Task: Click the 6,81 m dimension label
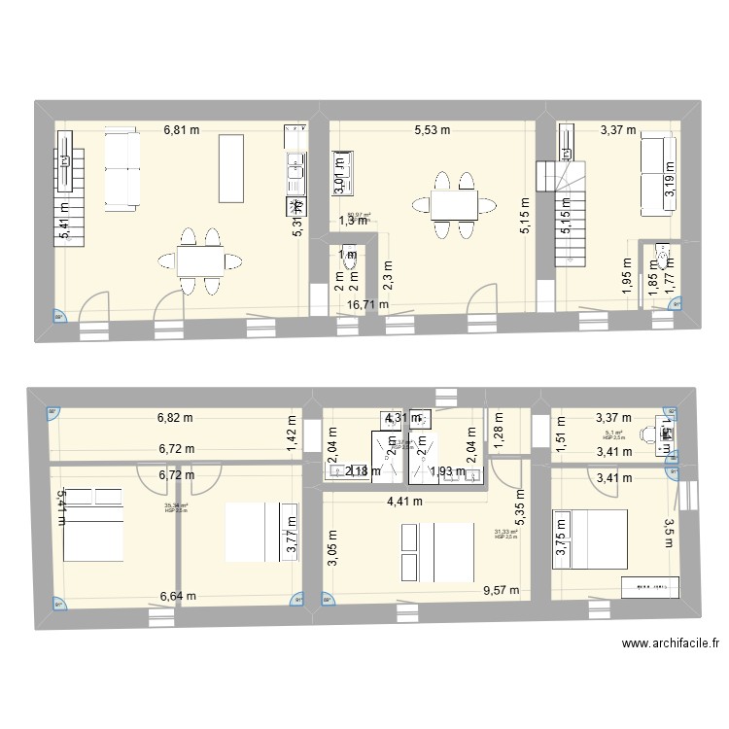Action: pos(182,129)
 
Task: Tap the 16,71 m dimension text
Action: pos(368,304)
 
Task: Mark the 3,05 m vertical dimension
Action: pos(332,550)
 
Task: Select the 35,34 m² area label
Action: pos(176,506)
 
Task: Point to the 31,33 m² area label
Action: pos(505,533)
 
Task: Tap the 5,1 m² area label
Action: pos(612,435)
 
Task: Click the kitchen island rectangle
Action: pos(231,168)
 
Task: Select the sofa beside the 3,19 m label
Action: pos(652,176)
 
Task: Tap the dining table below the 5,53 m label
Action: pos(442,205)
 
